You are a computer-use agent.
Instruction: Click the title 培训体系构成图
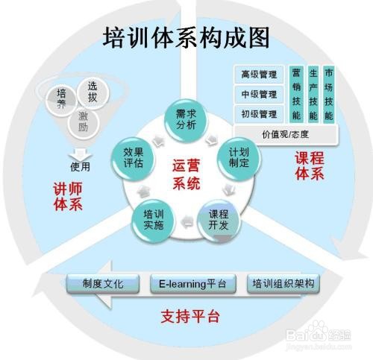click(x=186, y=38)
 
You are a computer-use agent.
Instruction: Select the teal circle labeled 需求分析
click(x=186, y=120)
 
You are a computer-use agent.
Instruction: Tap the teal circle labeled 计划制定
click(x=239, y=158)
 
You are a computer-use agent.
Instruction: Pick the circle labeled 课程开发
click(x=219, y=220)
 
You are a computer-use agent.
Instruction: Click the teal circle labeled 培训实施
click(x=153, y=221)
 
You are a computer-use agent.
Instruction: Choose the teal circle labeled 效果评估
click(x=133, y=158)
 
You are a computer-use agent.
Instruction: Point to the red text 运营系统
click(x=186, y=174)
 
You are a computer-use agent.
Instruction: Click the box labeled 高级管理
click(x=259, y=75)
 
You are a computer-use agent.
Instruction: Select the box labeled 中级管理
click(x=259, y=95)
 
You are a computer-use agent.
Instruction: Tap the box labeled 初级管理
click(x=259, y=114)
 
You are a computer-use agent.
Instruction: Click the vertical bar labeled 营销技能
click(x=296, y=95)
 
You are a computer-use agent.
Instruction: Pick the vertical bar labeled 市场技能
click(x=329, y=95)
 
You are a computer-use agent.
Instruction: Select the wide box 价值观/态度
click(x=286, y=135)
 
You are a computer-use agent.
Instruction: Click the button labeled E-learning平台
click(x=193, y=284)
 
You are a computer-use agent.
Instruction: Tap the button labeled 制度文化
click(x=103, y=284)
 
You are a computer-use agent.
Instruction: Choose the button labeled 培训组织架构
click(x=283, y=284)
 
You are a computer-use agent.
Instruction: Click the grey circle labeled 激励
click(x=84, y=122)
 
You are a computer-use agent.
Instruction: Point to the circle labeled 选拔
click(x=93, y=92)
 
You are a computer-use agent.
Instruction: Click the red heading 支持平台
click(x=190, y=317)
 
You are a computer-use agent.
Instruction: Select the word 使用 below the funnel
click(x=80, y=167)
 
